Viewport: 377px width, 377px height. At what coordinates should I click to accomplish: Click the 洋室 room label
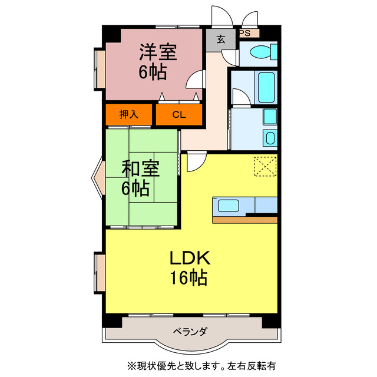158,52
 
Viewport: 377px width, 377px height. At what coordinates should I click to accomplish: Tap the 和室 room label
140,168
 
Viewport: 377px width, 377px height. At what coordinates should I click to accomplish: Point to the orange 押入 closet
129,115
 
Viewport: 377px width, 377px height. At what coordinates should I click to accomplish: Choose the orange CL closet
179,115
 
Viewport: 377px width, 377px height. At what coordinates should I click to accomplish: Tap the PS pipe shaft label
245,34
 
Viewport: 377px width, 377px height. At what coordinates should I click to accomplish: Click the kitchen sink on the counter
229,206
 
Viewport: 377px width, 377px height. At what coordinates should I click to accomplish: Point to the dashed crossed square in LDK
265,165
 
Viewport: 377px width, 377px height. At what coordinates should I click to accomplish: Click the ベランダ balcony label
190,332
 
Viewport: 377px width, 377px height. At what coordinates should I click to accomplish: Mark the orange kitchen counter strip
244,220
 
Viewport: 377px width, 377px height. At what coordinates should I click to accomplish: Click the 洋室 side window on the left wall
100,68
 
